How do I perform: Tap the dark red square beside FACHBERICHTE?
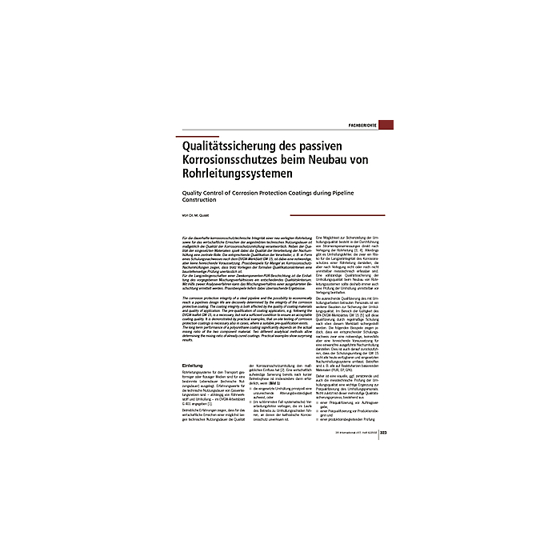(x=386, y=126)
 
